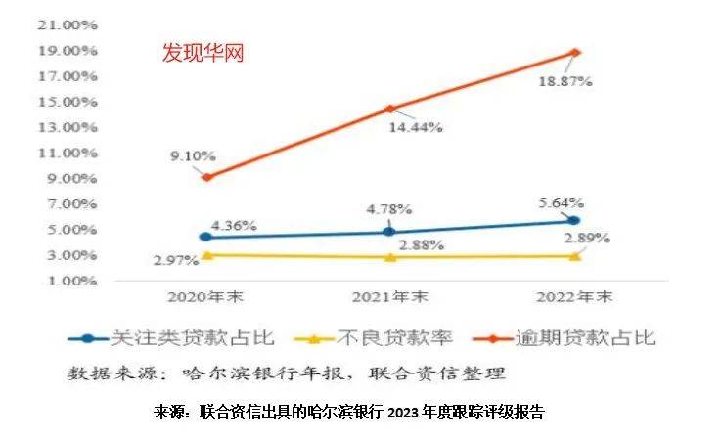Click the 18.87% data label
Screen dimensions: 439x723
(x=566, y=82)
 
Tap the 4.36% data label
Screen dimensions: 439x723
(x=233, y=225)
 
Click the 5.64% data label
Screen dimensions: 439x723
(x=561, y=203)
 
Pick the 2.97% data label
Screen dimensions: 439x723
(x=175, y=260)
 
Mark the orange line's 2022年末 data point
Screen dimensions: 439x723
(x=575, y=52)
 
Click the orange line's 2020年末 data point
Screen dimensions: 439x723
(x=205, y=177)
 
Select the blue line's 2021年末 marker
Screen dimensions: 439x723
(x=389, y=231)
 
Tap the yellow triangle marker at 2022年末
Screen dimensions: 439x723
(x=575, y=255)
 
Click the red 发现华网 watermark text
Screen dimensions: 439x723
(x=203, y=52)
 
